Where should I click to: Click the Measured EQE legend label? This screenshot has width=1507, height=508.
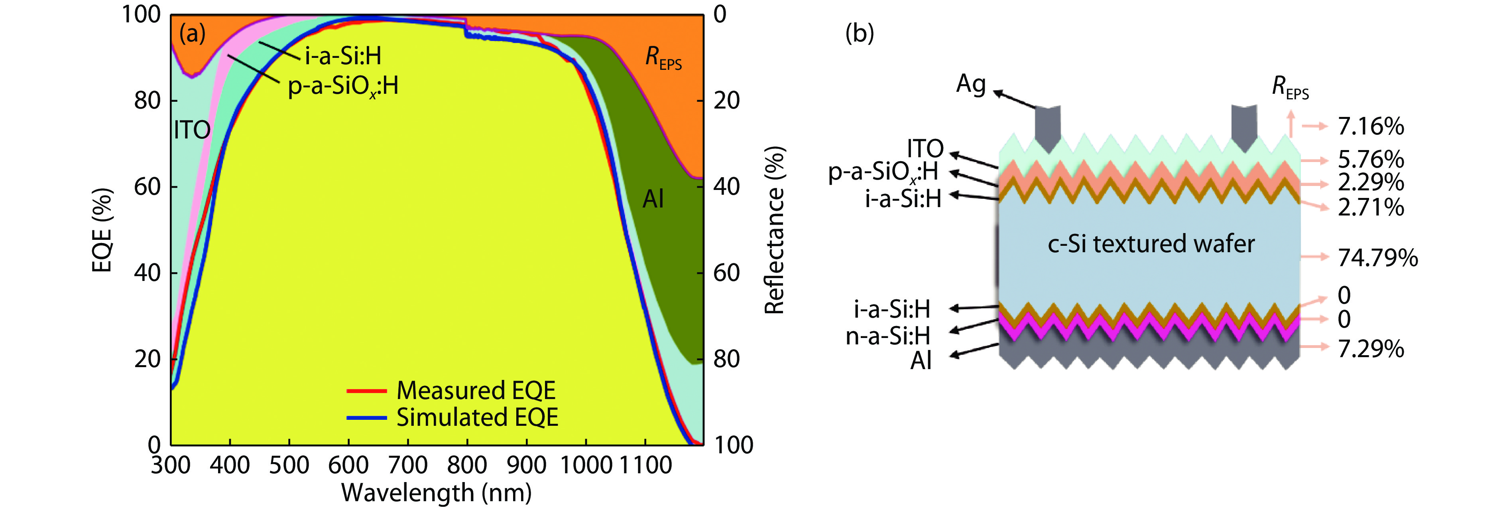click(476, 390)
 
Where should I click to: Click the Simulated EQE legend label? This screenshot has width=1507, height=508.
click(477, 417)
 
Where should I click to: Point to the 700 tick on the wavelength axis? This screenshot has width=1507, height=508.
click(408, 465)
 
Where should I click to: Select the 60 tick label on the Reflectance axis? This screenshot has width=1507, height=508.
click(726, 273)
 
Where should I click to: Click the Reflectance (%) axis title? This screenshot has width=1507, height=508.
click(775, 230)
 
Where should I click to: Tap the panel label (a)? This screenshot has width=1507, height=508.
click(193, 34)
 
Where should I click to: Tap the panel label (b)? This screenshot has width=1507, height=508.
click(860, 34)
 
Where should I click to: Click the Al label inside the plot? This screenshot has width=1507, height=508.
click(653, 200)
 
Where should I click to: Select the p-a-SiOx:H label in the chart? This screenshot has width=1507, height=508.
click(343, 87)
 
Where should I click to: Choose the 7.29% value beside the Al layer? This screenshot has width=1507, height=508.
click(1370, 349)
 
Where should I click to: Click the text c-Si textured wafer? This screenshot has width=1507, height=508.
click(1151, 243)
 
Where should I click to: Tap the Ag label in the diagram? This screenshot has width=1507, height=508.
click(970, 84)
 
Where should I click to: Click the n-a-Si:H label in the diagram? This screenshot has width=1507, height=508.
click(887, 336)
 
